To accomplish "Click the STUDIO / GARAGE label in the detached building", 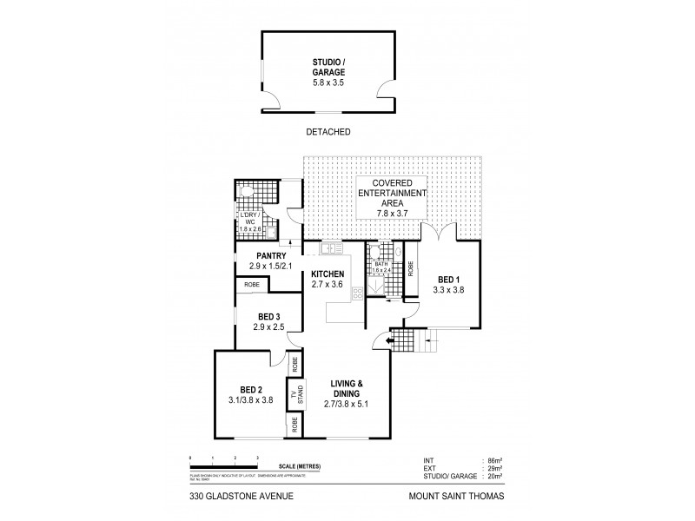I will (x=328, y=67).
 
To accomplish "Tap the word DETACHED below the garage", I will (x=328, y=133).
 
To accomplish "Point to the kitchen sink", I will (x=330, y=250).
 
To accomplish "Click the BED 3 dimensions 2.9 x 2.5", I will (x=268, y=327).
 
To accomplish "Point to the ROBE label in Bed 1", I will (x=411, y=269).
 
